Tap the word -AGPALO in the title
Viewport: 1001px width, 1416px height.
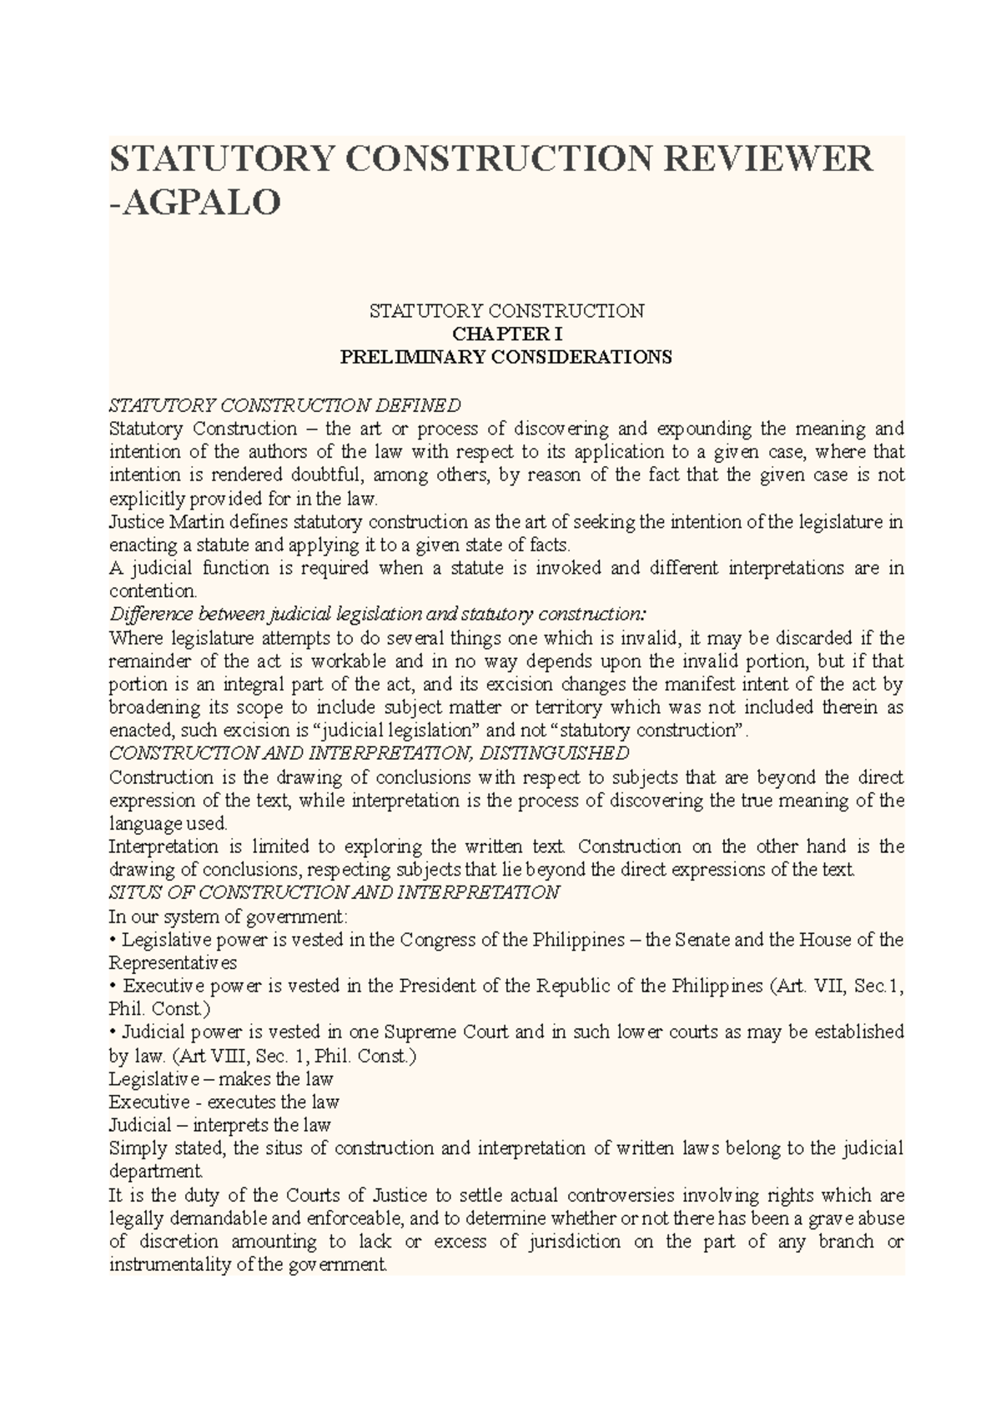pos(195,203)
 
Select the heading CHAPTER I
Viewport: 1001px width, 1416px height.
pos(507,334)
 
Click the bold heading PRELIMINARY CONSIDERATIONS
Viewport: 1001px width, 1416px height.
pos(506,358)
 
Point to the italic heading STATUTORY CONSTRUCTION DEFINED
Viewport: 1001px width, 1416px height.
pos(284,405)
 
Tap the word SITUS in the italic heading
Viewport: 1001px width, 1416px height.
pos(132,893)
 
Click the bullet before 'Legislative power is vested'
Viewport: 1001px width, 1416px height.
pos(113,940)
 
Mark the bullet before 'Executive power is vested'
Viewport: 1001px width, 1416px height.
pos(113,987)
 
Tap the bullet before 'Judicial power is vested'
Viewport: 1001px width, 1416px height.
pos(113,1032)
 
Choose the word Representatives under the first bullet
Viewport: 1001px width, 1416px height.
pos(173,963)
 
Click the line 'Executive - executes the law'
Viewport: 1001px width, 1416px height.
pos(224,1102)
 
